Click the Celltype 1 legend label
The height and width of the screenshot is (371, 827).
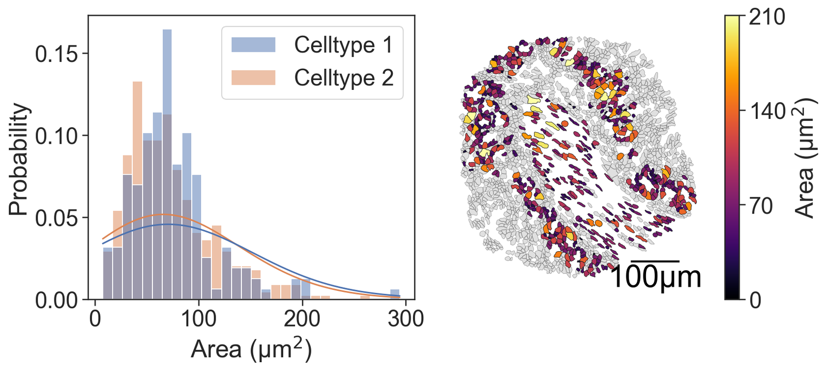point(343,45)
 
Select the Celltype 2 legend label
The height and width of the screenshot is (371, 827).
point(343,78)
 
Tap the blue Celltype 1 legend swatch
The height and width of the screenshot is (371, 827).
point(253,45)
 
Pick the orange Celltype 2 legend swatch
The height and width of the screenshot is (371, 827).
point(253,78)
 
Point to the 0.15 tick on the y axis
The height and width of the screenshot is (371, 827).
point(56,54)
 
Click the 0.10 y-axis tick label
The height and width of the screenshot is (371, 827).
point(56,136)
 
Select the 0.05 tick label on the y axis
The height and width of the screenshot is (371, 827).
point(56,218)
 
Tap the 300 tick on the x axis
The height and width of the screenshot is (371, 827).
point(405,319)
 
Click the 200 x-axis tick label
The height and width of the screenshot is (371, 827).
point(302,319)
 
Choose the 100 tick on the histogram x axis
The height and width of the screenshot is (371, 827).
point(198,319)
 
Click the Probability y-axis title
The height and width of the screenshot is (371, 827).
point(19,159)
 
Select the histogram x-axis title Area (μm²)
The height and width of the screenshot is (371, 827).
point(251,349)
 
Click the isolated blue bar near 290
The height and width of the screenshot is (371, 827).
point(395,294)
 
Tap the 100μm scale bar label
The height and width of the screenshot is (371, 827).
point(655,277)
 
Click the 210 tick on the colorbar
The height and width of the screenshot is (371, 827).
point(767,17)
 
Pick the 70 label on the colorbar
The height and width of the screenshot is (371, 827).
point(761,206)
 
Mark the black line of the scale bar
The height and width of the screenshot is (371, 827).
point(655,261)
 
